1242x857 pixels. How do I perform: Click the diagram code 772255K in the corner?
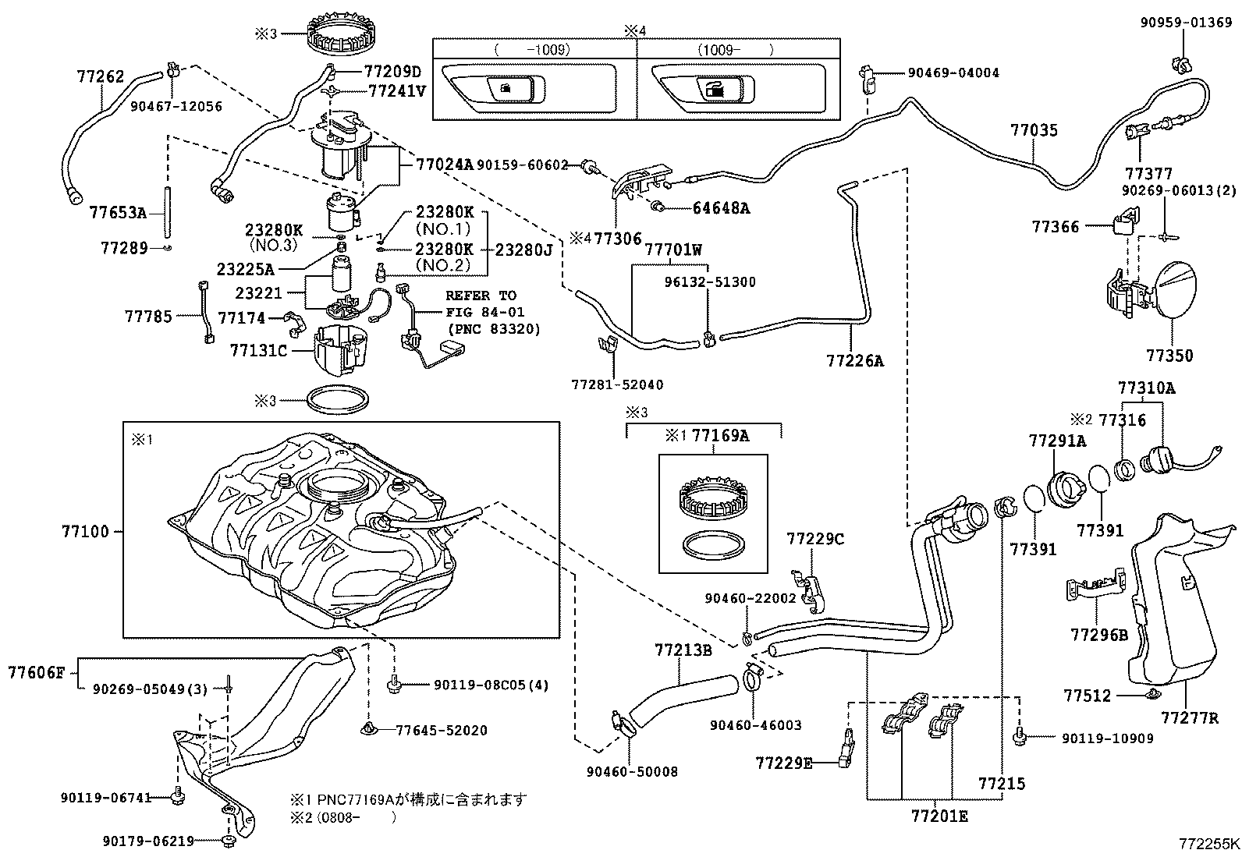(1208, 844)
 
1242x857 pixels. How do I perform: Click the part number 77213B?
(683, 649)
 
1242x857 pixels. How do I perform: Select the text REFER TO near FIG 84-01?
(481, 296)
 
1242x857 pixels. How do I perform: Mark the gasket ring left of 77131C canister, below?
(337, 401)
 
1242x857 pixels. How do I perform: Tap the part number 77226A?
(855, 360)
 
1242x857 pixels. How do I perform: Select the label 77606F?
(37, 671)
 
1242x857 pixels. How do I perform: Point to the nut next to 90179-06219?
(227, 840)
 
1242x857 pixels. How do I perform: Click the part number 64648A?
(721, 208)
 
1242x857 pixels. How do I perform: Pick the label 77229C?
(815, 539)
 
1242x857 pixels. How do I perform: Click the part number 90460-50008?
(632, 772)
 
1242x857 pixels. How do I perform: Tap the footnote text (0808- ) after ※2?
(355, 817)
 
